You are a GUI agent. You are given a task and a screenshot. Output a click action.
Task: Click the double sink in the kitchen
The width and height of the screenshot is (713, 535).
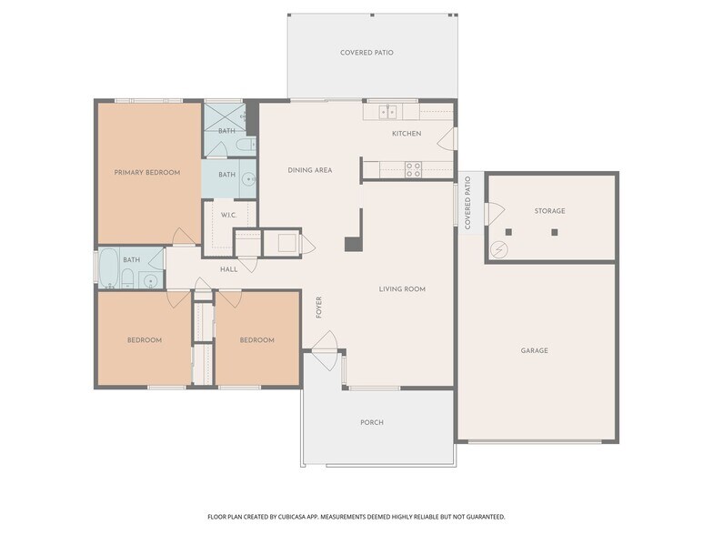pos(387,111)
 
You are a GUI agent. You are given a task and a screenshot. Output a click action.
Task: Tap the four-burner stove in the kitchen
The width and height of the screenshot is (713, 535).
pos(413,169)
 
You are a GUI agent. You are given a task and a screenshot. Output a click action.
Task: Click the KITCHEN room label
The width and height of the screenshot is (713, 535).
pos(407,133)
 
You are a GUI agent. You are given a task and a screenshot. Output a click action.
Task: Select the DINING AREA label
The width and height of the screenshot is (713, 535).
pos(310,170)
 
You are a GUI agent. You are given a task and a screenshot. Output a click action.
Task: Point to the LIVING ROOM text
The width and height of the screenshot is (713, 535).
pos(402,289)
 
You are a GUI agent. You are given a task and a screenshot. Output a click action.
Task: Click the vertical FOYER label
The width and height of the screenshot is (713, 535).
pos(318,308)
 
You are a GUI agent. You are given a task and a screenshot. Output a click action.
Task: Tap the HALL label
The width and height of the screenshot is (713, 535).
pos(229,269)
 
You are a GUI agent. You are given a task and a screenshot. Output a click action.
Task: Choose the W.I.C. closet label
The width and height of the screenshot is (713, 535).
pos(229,215)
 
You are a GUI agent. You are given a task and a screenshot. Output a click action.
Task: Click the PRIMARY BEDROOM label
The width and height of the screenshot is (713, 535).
pos(147,173)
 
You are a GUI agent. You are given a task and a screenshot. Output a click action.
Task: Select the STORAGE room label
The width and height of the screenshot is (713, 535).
pos(549,211)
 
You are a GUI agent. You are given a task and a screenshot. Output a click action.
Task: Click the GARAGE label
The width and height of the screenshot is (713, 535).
pos(535,350)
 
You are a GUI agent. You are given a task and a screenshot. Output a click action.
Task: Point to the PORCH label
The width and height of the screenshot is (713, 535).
pos(372,422)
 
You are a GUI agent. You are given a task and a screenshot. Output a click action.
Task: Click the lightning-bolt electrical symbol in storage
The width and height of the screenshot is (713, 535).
pos(499,249)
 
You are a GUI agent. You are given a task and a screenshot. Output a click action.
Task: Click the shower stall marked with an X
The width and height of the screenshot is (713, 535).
pos(225,116)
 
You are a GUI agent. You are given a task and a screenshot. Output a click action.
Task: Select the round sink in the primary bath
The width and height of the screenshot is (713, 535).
pos(248,179)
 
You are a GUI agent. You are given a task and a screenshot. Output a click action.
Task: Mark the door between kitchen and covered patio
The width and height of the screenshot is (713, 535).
pos(447,138)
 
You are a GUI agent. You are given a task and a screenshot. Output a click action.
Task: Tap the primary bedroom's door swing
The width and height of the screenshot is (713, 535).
pos(184,237)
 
